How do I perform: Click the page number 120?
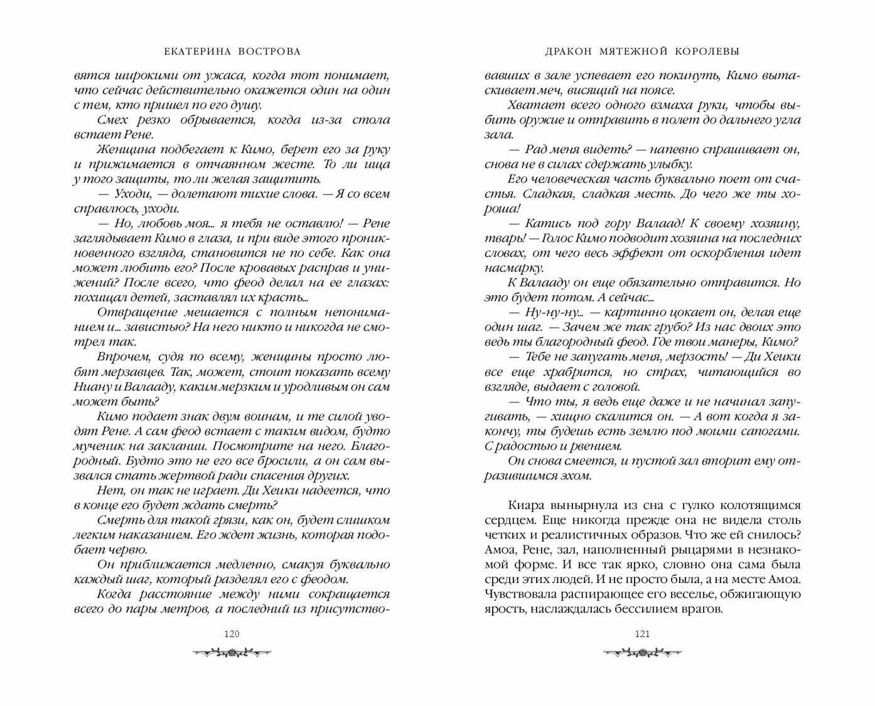232,634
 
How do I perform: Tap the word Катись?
545,223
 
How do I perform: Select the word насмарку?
513,267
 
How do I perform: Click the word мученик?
99,446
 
